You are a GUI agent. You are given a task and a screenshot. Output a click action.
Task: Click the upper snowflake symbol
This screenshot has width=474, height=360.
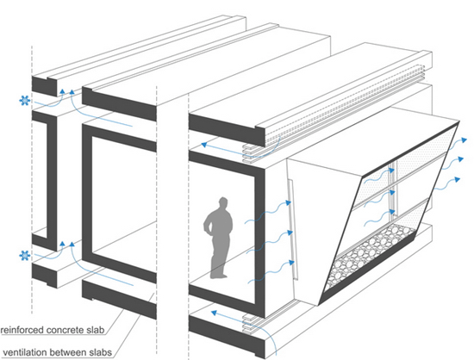click(x=24, y=100)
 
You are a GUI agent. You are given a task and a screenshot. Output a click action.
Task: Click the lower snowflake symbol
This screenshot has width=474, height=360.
click(x=25, y=256)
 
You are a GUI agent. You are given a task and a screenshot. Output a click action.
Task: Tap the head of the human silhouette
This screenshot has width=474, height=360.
click(x=223, y=203)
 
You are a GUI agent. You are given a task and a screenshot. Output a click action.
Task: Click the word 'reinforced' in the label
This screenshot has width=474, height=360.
click(x=22, y=330)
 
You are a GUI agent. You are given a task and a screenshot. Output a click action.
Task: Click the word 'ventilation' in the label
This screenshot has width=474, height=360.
click(x=24, y=352)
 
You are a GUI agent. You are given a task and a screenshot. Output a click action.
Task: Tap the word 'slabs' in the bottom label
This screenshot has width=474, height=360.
click(x=101, y=352)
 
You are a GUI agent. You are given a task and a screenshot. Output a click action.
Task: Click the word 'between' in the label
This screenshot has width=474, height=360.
click(x=68, y=352)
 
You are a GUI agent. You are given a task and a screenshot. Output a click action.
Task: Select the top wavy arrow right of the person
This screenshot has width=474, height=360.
click(x=268, y=212)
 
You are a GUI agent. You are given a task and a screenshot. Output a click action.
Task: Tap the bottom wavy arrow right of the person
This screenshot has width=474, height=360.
click(x=271, y=272)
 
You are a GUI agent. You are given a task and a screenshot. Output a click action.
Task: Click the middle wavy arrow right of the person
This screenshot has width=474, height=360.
click(x=270, y=242)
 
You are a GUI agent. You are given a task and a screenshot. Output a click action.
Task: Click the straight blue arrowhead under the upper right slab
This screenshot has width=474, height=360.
click(x=204, y=145)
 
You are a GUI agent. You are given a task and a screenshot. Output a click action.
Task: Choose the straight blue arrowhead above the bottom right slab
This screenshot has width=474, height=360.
click(x=214, y=313)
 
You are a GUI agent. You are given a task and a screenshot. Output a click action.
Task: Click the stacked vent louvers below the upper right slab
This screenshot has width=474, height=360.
click(x=252, y=153)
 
